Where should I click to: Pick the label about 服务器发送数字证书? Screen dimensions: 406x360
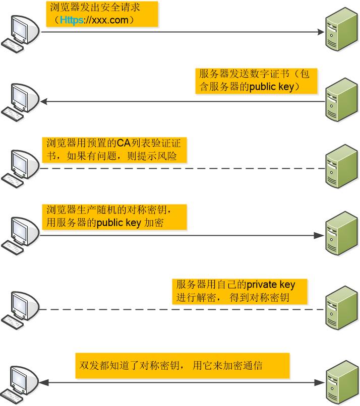click(257, 80)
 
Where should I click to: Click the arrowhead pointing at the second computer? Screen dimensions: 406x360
click(44, 102)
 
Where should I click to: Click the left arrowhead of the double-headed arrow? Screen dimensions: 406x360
click(44, 383)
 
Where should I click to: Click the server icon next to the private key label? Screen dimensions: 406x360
click(341, 305)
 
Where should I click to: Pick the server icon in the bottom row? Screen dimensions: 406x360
click(341, 383)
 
